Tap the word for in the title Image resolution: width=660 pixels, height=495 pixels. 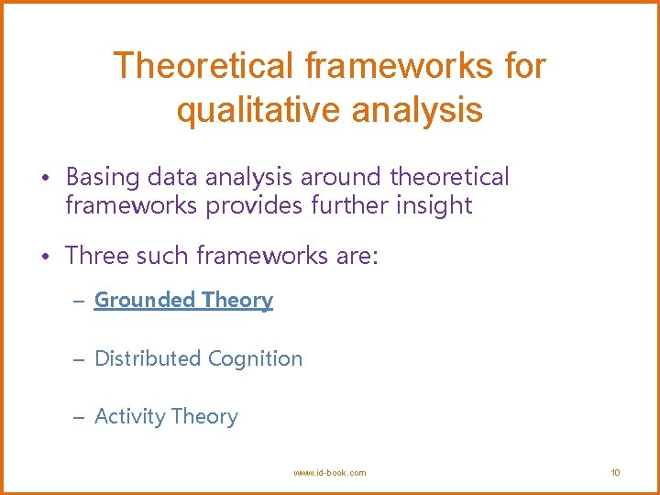523,66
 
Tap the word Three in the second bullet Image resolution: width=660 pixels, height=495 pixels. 94,256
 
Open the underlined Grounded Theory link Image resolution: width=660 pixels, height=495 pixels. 183,301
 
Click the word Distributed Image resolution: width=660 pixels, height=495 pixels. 148,358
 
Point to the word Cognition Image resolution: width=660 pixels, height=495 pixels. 255,358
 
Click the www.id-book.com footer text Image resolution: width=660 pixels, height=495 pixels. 329,473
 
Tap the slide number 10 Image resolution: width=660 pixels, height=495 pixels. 615,473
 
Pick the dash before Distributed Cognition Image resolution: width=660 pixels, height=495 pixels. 80,359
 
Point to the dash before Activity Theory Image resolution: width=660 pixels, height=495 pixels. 80,418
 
